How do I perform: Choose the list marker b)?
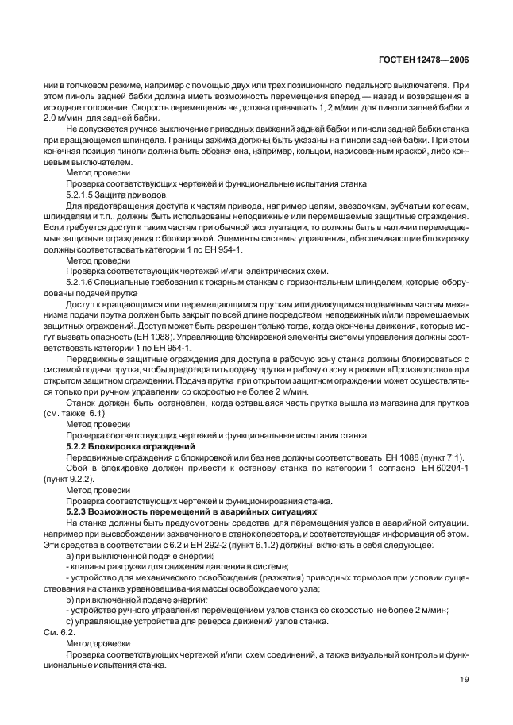click(71, 602)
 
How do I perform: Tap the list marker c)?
click(71, 624)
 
